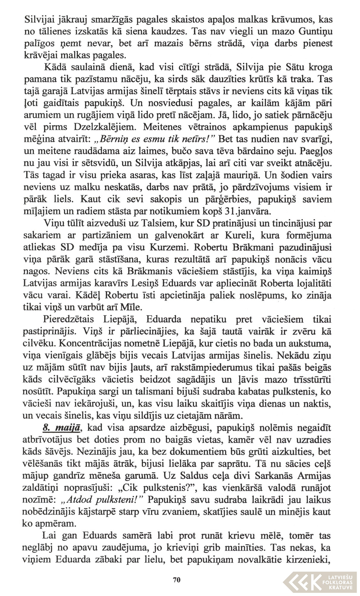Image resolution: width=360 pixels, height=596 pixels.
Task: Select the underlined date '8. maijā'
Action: [x=61, y=428]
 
